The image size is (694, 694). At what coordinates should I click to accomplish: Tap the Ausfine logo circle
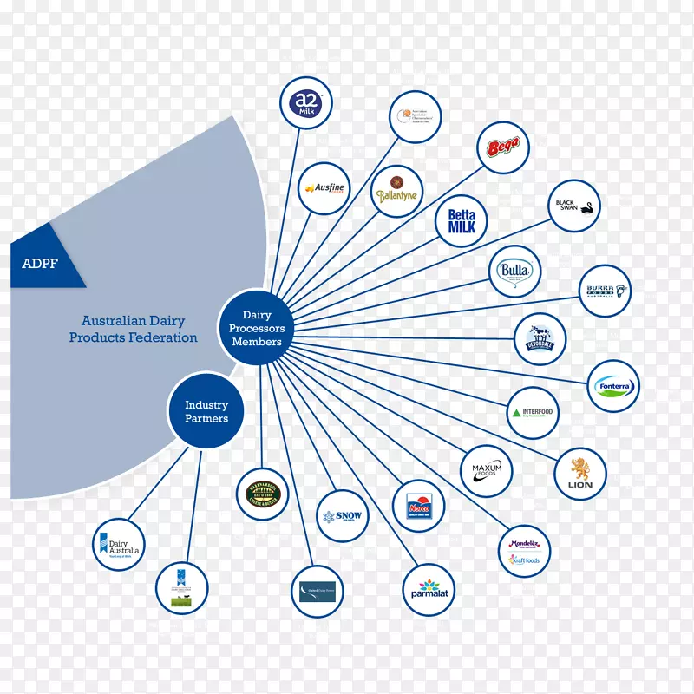(323, 188)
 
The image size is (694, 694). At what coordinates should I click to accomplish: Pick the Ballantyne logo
(397, 190)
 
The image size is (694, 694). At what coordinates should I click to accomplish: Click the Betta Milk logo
(462, 221)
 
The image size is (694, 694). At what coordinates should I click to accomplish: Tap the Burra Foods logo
(606, 291)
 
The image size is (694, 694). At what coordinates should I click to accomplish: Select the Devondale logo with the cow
(540, 339)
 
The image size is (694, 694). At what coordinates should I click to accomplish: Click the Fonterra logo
(613, 386)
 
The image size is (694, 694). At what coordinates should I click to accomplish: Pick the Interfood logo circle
(533, 412)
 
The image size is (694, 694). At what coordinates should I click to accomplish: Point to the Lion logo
(580, 474)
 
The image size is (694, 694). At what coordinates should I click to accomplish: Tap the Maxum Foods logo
(487, 471)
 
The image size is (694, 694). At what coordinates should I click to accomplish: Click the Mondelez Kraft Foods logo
(525, 552)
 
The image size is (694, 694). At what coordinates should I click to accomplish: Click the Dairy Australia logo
(119, 544)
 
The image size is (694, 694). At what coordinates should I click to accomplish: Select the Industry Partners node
(206, 411)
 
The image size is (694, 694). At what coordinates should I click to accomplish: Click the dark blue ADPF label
(40, 263)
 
